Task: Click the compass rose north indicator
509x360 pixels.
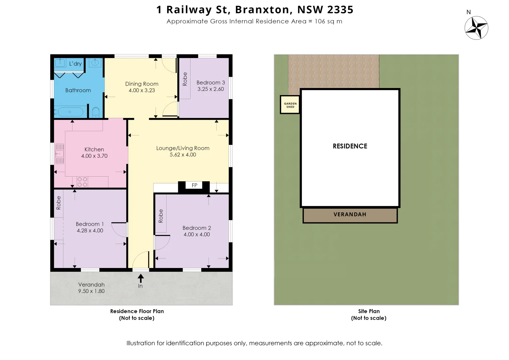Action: (x=476, y=28)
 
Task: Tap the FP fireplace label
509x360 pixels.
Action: (x=195, y=185)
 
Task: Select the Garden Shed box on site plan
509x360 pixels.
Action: (x=290, y=105)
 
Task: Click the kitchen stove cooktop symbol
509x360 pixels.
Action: (x=82, y=182)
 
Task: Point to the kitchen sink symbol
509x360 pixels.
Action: (x=59, y=154)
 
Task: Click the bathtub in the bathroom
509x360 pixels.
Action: (x=70, y=112)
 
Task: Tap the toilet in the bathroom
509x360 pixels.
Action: (x=96, y=112)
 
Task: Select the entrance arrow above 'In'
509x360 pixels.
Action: (x=141, y=278)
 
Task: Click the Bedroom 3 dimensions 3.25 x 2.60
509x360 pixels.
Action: (x=211, y=89)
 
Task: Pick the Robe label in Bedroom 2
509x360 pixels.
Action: (x=161, y=216)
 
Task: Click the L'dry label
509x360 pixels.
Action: (x=75, y=64)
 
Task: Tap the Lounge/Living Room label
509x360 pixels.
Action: (x=183, y=148)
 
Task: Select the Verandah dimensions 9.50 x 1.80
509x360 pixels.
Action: (x=91, y=291)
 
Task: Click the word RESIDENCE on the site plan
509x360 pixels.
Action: (x=350, y=146)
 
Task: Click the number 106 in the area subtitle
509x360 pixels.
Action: (x=319, y=21)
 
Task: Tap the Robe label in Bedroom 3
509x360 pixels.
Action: (x=185, y=79)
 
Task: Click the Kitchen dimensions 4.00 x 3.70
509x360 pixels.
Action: (x=94, y=156)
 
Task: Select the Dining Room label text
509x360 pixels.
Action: (x=142, y=84)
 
